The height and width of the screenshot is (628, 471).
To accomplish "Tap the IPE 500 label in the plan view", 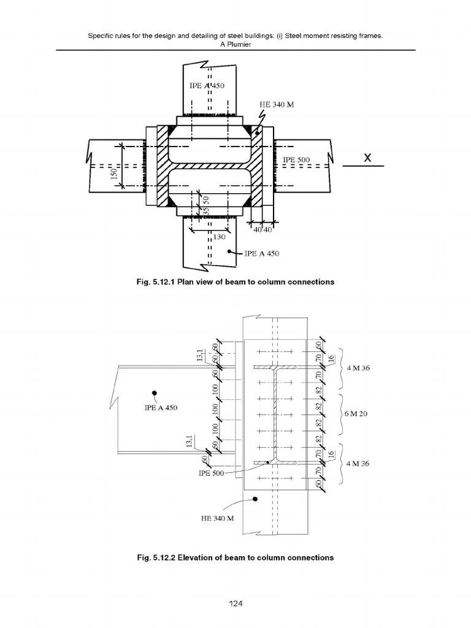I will (x=297, y=161).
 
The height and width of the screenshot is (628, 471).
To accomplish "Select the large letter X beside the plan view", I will (x=367, y=158).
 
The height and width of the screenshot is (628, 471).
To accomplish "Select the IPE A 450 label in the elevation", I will (x=161, y=408).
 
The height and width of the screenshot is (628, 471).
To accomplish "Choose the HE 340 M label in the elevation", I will (x=218, y=518).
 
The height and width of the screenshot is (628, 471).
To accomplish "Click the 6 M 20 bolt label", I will (x=356, y=414).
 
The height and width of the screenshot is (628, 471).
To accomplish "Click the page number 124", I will (x=235, y=604).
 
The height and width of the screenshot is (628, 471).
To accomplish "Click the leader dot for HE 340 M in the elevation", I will (x=255, y=499).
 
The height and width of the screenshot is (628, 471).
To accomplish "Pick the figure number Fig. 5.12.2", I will (x=156, y=558).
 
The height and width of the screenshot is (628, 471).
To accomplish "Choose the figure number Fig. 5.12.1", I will (x=156, y=282).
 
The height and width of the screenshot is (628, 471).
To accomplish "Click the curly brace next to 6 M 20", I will (x=340, y=414).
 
